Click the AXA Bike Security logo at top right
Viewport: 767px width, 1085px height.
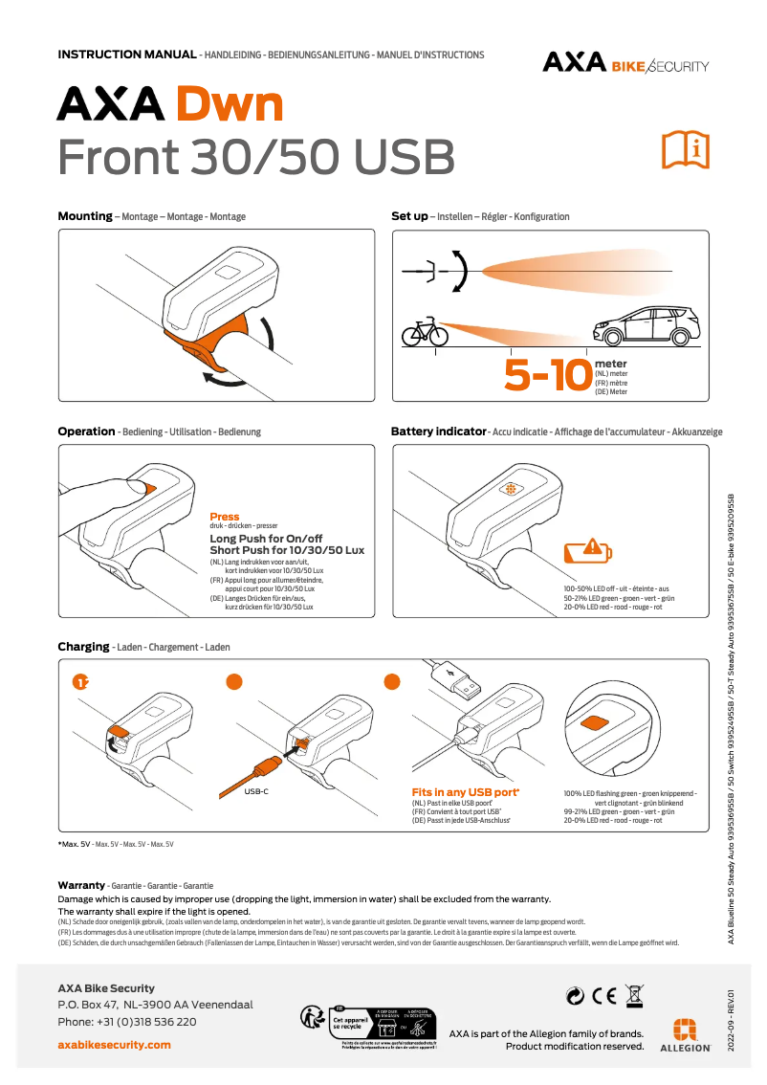[x=625, y=63]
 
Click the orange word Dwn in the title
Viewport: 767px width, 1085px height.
[x=229, y=104]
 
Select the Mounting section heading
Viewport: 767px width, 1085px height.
[x=85, y=216]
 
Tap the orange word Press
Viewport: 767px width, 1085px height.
[x=225, y=517]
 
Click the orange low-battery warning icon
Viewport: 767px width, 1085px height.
[x=584, y=550]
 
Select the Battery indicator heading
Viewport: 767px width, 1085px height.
[x=438, y=432]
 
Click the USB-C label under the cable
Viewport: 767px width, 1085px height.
[x=255, y=792]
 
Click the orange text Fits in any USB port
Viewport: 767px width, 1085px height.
[x=465, y=792]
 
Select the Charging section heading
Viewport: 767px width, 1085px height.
[x=83, y=647]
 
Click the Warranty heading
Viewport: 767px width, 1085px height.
[x=80, y=886]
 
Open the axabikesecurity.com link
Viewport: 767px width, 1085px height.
[x=114, y=1044]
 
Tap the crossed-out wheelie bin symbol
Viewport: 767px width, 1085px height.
[x=632, y=995]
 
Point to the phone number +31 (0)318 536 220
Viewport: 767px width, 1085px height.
[x=127, y=1022]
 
